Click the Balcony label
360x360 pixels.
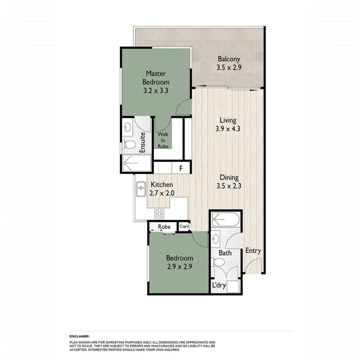coord(229,59)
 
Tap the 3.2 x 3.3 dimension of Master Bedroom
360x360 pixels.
coord(156,90)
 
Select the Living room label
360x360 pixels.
coord(228,120)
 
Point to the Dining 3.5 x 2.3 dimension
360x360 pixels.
coord(229,186)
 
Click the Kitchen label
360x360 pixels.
coord(162,184)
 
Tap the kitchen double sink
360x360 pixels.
coord(141,189)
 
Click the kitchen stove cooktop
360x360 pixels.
coord(159,214)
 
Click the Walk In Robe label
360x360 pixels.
coord(163,140)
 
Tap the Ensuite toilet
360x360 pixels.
coord(129,144)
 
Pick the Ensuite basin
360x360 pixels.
coord(127,127)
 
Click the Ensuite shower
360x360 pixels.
coord(137,163)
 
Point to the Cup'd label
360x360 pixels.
coord(184,226)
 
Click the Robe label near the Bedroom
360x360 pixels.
coord(164,227)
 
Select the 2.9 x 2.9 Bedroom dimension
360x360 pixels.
coord(180,266)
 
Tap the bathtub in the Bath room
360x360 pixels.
coord(226,219)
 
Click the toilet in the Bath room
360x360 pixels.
coord(218,262)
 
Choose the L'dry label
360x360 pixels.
coord(219,285)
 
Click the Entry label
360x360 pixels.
coord(253,251)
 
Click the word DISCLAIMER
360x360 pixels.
coord(80,336)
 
